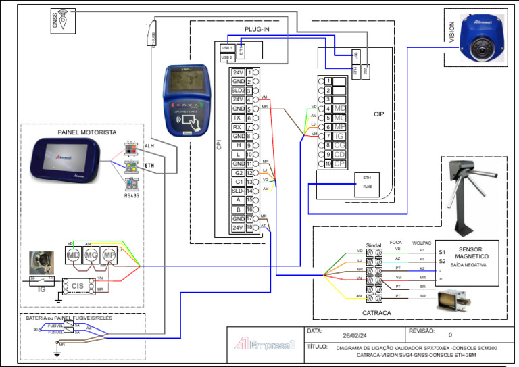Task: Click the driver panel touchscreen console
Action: pos(70,161)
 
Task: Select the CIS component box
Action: pos(78,286)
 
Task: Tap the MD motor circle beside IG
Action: pos(73,255)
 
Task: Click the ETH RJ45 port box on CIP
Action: pos(368,183)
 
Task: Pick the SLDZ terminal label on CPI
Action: pos(238,91)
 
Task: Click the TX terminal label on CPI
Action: pos(238,118)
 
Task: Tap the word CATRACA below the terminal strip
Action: pos(377,313)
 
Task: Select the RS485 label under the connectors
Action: pos(132,196)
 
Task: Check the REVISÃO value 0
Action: pos(450,335)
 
